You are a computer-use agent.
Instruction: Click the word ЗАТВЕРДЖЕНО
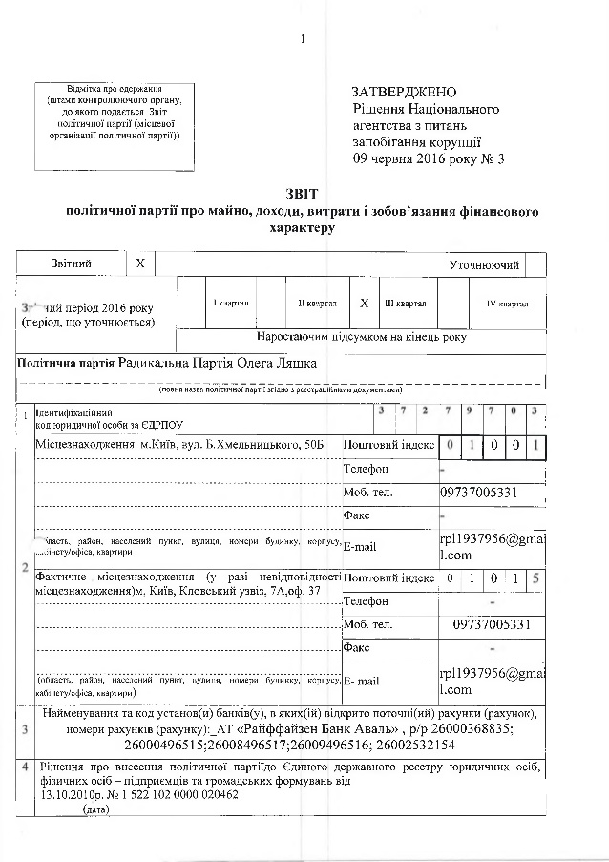[404, 93]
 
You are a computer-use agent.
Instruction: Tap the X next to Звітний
[140, 263]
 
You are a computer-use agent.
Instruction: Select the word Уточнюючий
[484, 263]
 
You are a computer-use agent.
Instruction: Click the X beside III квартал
[365, 303]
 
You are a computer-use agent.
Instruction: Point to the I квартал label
[230, 304]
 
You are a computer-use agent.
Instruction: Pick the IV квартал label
[507, 304]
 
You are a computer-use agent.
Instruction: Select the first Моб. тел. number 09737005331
[479, 493]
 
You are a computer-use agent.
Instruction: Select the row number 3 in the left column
[25, 729]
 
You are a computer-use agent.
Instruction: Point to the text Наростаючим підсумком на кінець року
[362, 337]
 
